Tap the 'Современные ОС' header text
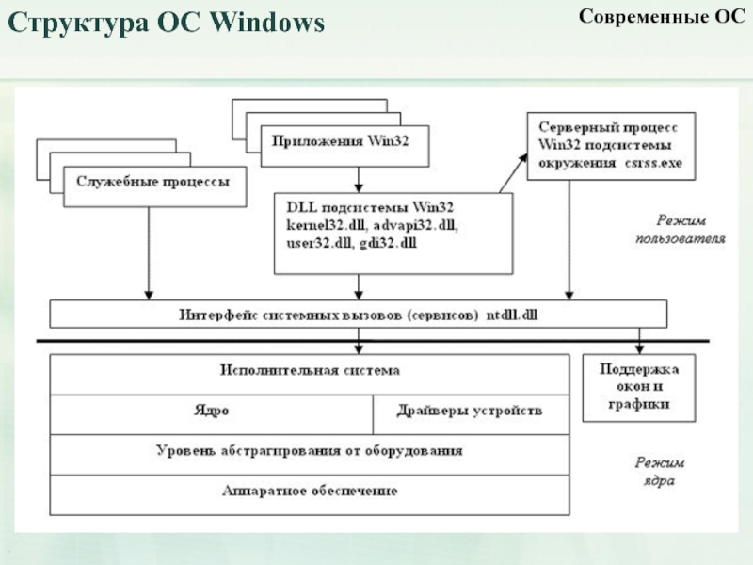(x=661, y=18)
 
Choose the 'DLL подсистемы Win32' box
(x=393, y=233)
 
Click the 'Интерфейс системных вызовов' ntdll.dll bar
(x=358, y=314)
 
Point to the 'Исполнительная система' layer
(x=309, y=372)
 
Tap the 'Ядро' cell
(x=211, y=412)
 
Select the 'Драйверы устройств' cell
(x=470, y=412)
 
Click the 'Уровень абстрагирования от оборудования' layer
(x=309, y=452)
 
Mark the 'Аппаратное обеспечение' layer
(x=309, y=492)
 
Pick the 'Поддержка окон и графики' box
(x=639, y=388)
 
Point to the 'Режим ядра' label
(x=659, y=473)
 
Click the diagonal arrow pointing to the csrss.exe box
(x=514, y=173)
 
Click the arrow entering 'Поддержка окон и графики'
(x=640, y=341)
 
